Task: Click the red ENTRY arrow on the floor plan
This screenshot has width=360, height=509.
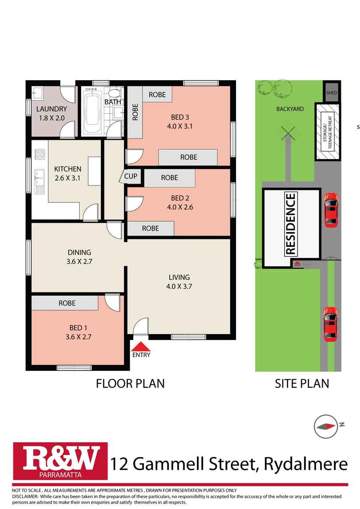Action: coord(141,347)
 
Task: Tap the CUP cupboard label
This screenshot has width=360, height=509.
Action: coord(131,176)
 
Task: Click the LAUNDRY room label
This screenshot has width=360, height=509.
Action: coord(52,109)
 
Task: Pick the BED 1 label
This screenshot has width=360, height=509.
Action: coord(78,328)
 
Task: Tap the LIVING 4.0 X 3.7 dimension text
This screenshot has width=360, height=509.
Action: coord(179,286)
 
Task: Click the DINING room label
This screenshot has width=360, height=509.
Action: coord(79,252)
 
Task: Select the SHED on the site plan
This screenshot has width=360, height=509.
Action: coord(331,92)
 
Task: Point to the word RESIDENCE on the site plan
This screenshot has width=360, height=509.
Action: coord(290,224)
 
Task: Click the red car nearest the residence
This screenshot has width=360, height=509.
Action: coord(331,210)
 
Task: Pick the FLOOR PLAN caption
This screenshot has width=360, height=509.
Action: coord(130,384)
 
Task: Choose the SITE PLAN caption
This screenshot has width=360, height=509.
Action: coord(302,384)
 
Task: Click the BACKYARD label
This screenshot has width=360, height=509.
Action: coord(290,109)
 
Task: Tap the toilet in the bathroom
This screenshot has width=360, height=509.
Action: coord(114,93)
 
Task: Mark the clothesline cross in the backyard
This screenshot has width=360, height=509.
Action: coord(288,133)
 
